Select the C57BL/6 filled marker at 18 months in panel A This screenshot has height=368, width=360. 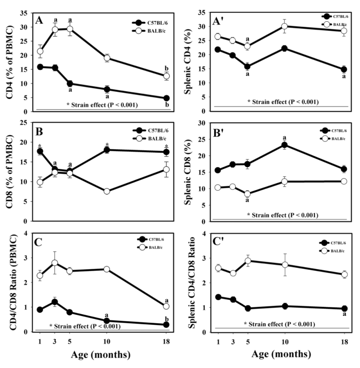click(166, 98)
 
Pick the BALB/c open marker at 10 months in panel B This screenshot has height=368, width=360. click(107, 191)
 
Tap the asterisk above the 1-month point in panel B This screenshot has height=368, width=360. click(40, 146)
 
